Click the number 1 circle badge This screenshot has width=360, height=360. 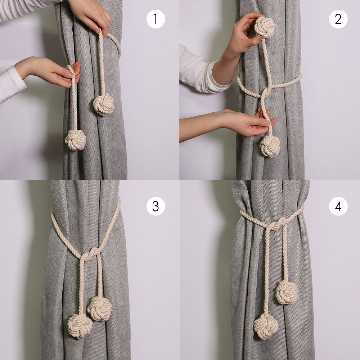pos(156,19)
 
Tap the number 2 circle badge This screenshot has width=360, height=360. pos(338,19)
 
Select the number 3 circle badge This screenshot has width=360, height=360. pos(156,206)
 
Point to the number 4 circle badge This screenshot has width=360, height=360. pos(338,206)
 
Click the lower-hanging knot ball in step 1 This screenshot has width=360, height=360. pos(76,140)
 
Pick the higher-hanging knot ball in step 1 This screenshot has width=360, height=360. pos(103,104)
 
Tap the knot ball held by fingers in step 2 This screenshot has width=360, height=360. pos(265,27)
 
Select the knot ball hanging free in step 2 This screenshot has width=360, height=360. pos(270,146)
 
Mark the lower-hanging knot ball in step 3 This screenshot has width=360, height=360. pos(80,326)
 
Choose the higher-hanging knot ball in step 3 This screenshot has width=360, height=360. pos(99,309)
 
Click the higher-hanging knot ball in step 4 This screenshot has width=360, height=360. pos(287,292)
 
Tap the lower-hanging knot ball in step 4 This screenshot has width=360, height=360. pos(266,326)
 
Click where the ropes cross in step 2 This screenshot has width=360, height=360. pos(265,92)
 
